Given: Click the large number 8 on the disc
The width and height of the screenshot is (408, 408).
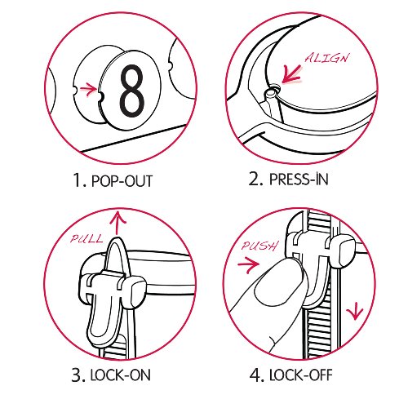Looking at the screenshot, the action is (132, 91).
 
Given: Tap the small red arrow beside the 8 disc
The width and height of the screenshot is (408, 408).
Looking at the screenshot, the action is (88, 89).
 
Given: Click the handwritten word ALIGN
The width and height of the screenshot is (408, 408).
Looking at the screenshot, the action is (326, 58).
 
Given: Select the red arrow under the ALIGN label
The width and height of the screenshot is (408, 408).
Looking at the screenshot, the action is (291, 73).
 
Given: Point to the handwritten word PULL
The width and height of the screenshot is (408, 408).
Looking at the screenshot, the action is (86, 238).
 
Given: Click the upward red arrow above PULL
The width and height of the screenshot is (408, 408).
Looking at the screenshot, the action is (118, 224).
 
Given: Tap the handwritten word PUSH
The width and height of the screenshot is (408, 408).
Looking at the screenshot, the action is (259, 246).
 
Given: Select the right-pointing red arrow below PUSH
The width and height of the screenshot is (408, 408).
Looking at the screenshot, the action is (248, 264).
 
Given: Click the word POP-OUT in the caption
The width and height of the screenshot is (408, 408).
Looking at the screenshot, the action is (122, 181).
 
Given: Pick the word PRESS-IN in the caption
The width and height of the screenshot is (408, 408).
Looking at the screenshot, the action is (299, 180).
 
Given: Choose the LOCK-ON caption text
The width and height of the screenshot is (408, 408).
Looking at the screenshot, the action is (120, 375).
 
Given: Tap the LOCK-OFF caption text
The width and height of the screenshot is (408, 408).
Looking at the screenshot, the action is (301, 375).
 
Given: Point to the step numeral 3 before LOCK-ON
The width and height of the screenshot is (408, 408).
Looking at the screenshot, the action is (78, 375).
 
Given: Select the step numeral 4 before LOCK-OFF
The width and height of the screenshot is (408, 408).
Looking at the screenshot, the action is (255, 375).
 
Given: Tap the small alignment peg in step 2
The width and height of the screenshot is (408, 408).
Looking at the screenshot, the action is (271, 93).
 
